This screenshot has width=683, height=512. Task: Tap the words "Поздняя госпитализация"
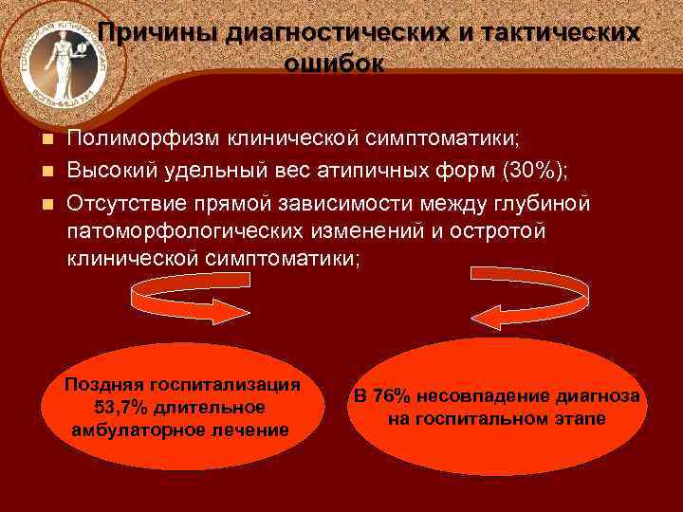tap(182, 384)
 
